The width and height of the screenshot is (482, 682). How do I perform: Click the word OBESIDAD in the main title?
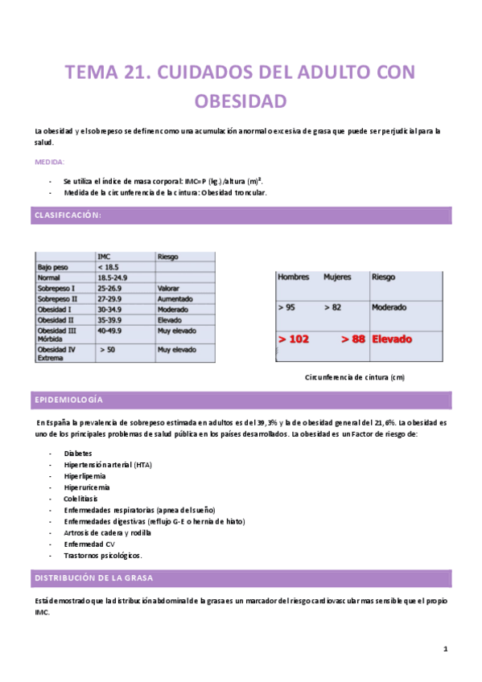click(x=241, y=101)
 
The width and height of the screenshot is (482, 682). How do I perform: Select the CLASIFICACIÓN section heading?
click(x=67, y=215)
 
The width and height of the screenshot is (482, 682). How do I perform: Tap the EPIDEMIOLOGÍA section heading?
click(x=68, y=400)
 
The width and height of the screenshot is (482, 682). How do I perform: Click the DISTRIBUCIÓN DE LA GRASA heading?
click(x=89, y=578)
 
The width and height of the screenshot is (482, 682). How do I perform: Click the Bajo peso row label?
click(x=52, y=266)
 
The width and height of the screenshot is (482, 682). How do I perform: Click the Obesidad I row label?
click(x=56, y=308)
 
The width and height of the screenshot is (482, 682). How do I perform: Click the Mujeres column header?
click(x=339, y=277)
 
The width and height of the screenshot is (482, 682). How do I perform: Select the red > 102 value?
click(x=294, y=339)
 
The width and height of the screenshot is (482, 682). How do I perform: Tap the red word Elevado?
click(x=392, y=339)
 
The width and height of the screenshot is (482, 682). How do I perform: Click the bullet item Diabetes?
click(x=78, y=454)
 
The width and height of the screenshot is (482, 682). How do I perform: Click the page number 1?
click(x=445, y=649)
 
